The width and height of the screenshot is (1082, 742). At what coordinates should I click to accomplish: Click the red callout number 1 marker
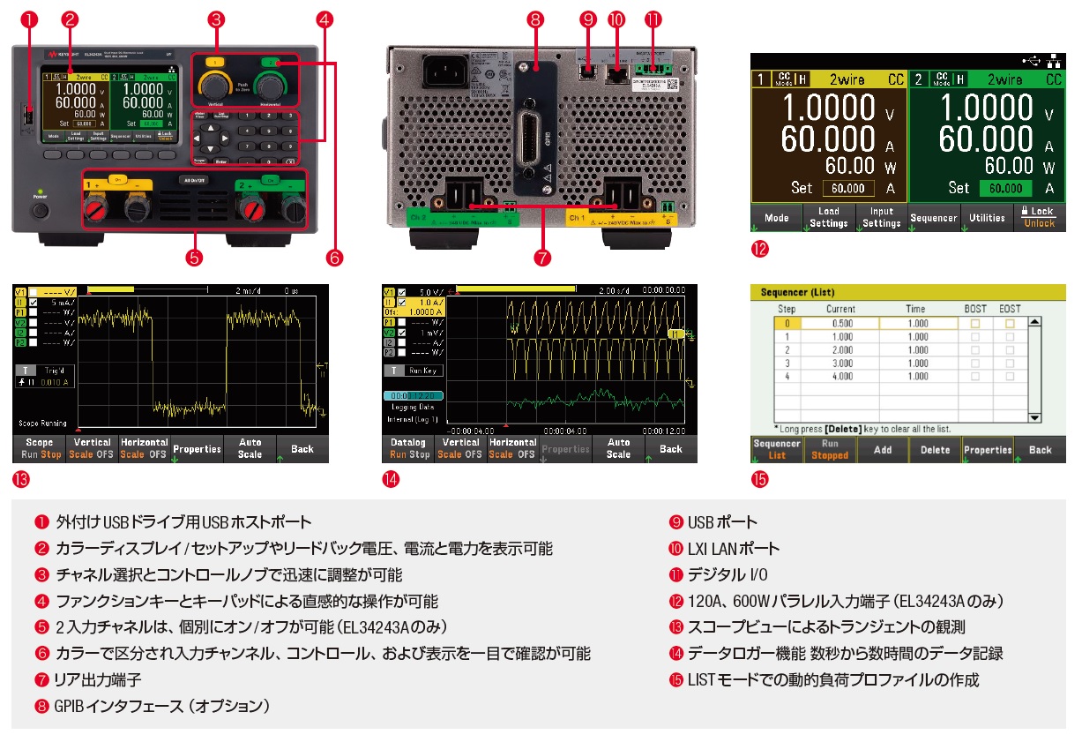tap(27, 19)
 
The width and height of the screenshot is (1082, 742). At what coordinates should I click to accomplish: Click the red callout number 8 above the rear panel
tap(534, 19)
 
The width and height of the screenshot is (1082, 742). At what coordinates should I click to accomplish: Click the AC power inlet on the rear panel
tap(443, 73)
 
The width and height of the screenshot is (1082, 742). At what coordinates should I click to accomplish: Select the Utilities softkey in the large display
tap(987, 218)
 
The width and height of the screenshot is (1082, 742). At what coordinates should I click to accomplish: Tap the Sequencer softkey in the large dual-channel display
tap(934, 218)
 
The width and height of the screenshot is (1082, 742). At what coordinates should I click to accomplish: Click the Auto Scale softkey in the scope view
tap(250, 448)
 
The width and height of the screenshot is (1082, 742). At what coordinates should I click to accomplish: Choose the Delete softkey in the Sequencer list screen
tap(936, 450)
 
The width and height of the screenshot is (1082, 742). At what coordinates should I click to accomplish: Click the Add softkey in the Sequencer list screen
tap(882, 450)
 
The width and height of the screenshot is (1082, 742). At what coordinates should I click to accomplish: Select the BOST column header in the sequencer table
tap(975, 309)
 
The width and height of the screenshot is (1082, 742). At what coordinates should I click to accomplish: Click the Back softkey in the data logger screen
tap(671, 448)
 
